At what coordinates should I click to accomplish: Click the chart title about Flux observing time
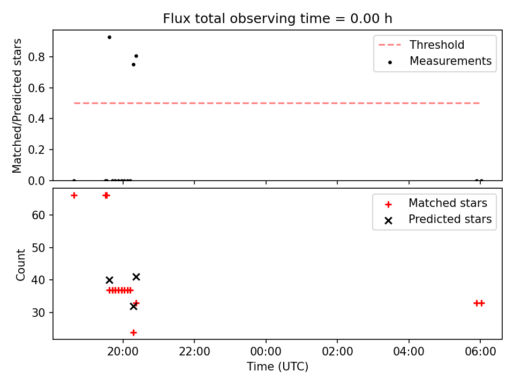[x=277, y=19]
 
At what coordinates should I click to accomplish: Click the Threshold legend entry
[x=421, y=44]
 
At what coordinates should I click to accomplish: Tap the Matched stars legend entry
[x=436, y=203]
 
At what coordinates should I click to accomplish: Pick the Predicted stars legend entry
[x=438, y=219]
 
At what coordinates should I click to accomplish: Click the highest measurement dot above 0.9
[x=109, y=38]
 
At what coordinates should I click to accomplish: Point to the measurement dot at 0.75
[x=133, y=65]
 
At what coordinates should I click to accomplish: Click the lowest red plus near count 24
[x=133, y=333]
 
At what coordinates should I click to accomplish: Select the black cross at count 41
[x=137, y=277]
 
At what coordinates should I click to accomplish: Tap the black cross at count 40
[x=109, y=280]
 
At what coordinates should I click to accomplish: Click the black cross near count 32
[x=133, y=307]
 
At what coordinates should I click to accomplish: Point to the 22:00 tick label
[x=194, y=352]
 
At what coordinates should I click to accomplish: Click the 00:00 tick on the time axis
[x=266, y=352]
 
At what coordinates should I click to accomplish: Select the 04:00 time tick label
[x=409, y=352]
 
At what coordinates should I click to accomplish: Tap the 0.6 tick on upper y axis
[x=36, y=88]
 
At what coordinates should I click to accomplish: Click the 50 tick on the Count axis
[x=39, y=248]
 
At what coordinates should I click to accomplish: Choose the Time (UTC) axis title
[x=277, y=367]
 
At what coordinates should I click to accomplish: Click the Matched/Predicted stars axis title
[x=17, y=106]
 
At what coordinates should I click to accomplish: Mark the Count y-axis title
[x=21, y=265]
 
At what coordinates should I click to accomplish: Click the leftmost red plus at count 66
[x=74, y=196]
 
